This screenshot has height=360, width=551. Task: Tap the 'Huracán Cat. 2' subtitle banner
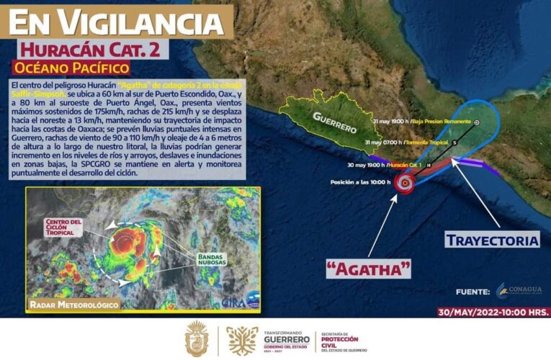[x=94, y=50]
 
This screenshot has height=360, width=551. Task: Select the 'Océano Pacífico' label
[x=72, y=68]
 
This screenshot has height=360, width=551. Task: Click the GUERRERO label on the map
[x=335, y=122]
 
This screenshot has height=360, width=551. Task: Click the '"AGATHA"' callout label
[x=368, y=269]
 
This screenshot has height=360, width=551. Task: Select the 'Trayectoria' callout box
[x=491, y=239]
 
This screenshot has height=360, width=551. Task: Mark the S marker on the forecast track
[x=454, y=143]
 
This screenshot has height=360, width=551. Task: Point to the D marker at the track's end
[x=477, y=122]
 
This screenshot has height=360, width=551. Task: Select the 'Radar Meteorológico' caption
[x=74, y=305]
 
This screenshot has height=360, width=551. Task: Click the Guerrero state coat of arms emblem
[x=197, y=338]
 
